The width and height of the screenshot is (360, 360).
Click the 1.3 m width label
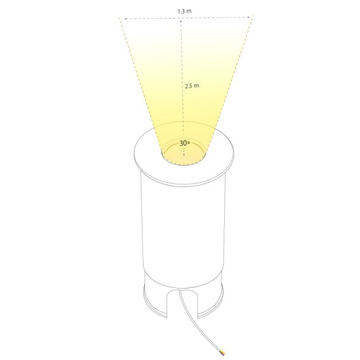pos(184,11)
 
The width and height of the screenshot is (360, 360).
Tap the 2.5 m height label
pos(192,86)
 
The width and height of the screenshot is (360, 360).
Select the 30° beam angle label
pos(184,143)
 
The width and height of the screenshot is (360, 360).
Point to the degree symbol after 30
pos(189,142)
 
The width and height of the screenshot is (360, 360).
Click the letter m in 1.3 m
pos(189,11)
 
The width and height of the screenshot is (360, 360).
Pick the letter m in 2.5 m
pos(196,86)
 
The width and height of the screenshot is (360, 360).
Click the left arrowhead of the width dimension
pos(126,19)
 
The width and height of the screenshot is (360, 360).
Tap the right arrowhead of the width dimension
pos(248,17)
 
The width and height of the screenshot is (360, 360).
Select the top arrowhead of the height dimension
pos(181,21)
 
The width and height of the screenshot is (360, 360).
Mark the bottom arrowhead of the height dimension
pos(184,155)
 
